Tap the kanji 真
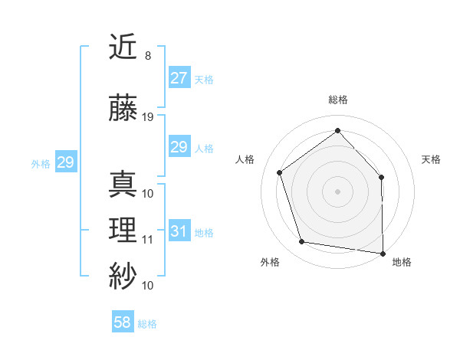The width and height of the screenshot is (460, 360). click(123, 185)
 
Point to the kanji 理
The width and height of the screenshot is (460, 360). click(123, 231)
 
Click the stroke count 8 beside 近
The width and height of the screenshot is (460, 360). click(147, 56)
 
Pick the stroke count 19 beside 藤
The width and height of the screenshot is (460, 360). click(148, 117)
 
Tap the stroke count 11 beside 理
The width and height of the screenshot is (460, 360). click(148, 240)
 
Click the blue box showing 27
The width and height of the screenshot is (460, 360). click(179, 78)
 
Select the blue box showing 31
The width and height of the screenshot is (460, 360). click(179, 231)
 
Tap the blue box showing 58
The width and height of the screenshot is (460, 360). click(123, 322)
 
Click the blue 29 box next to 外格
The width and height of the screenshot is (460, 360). click(65, 162)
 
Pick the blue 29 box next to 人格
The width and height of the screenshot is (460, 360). click(179, 147)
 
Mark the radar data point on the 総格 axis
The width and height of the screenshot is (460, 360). click(337, 131)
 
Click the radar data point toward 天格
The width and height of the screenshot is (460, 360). click(382, 177)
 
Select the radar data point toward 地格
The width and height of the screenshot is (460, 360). click(383, 253)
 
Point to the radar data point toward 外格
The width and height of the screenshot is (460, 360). click(303, 242)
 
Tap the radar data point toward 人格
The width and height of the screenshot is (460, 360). click(280, 172)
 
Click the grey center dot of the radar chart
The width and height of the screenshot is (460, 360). click(337, 191)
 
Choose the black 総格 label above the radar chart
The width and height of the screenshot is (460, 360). click(337, 100)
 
